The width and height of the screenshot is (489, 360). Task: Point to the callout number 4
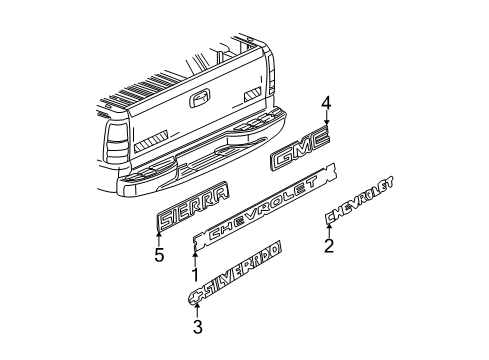tap(325, 102)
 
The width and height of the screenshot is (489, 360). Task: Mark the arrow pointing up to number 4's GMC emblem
tap(325, 125)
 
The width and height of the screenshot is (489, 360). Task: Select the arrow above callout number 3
tap(197, 307)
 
